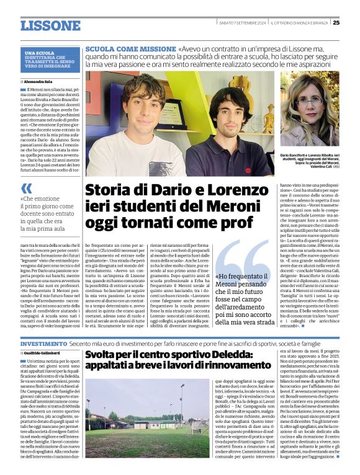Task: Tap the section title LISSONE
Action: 51,25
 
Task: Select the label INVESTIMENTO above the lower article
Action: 43,343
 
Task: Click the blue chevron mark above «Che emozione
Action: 26,188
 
